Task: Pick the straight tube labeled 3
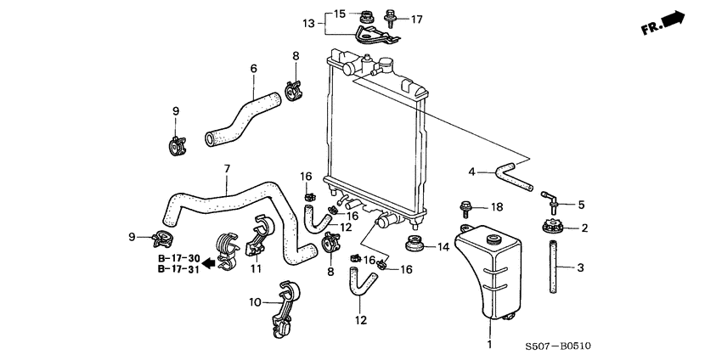click(556, 267)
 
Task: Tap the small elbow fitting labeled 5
click(550, 202)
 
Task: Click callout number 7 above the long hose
click(227, 168)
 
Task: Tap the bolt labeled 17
click(391, 18)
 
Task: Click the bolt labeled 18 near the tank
click(467, 206)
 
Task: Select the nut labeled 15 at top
click(368, 14)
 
